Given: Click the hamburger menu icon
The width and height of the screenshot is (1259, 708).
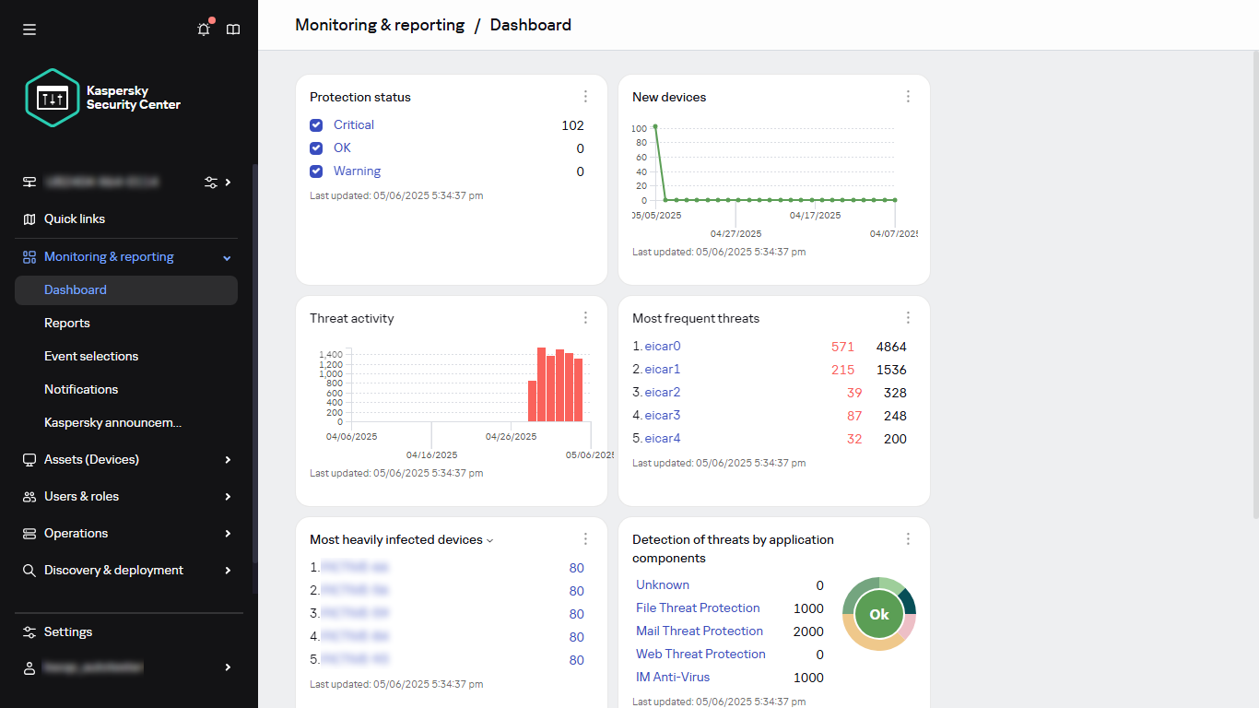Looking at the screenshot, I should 29,29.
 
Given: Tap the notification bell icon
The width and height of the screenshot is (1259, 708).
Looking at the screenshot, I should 204,29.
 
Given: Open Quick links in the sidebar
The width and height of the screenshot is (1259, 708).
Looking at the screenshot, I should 75,218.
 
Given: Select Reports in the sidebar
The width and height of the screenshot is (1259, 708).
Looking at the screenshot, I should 67,323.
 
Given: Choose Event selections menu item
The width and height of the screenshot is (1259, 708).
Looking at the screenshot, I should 91,356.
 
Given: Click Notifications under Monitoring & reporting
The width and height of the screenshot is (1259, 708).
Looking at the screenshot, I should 81,389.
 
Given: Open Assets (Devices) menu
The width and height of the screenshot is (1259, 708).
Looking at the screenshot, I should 91,459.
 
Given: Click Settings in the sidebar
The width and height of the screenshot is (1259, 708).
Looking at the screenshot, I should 68,631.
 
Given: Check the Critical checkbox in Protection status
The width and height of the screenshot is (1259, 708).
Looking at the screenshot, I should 316,125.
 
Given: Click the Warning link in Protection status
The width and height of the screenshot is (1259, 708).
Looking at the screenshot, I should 357,171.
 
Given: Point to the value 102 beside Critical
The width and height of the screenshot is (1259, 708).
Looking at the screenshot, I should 572,125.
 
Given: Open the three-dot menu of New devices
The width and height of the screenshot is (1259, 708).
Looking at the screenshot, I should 908,97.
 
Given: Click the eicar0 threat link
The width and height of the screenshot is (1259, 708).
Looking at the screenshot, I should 662,347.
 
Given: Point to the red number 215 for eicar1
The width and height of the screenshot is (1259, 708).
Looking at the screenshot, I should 842,370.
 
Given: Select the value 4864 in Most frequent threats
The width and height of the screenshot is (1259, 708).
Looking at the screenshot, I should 891,347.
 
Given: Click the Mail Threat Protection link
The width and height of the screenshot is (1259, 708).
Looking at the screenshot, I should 700,631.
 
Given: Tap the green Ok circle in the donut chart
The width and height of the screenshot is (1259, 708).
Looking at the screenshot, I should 879,614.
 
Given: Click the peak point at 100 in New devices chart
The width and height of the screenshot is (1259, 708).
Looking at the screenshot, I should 655,127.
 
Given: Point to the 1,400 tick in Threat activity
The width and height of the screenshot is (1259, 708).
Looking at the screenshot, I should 331,354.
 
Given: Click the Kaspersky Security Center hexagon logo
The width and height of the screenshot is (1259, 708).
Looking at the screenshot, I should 53,98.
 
